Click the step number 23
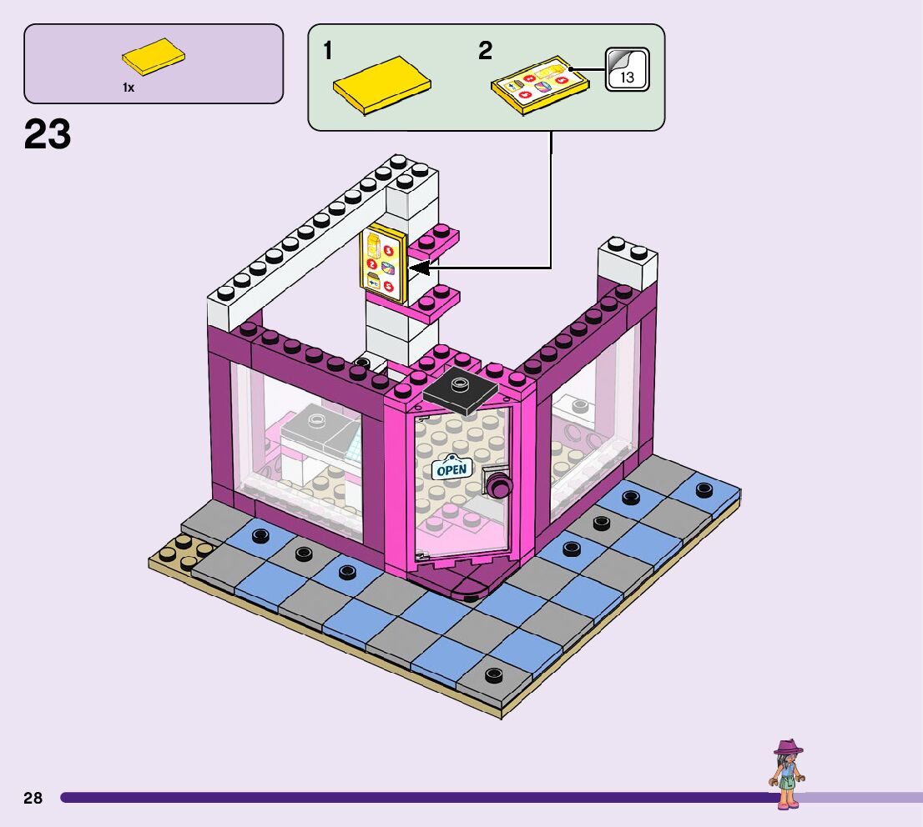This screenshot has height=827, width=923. pos(48,134)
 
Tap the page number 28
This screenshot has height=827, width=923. pos(33,798)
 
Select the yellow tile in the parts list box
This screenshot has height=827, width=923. pos(154,58)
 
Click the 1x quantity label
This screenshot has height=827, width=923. pos(129,88)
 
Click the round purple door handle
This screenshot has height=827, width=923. pos(498,483)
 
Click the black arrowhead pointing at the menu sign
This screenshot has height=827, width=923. pos(420,268)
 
